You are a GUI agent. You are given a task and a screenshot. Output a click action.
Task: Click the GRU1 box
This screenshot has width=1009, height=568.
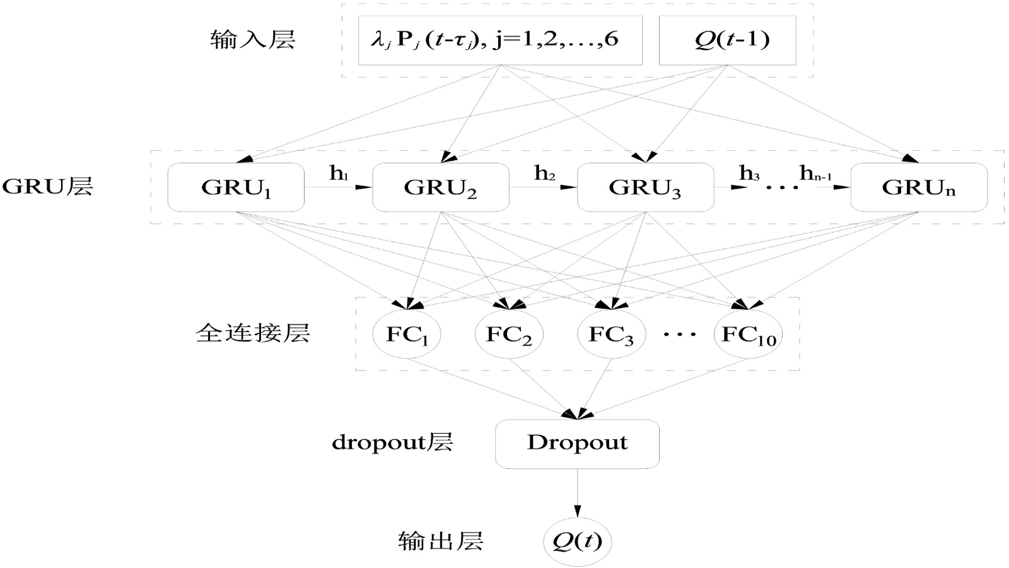click(236, 187)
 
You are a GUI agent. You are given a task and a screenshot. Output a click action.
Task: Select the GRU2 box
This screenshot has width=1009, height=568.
click(440, 187)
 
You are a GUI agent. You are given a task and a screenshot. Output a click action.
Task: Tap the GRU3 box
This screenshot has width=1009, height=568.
click(645, 187)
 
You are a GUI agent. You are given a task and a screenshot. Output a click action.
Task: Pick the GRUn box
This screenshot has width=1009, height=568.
click(919, 187)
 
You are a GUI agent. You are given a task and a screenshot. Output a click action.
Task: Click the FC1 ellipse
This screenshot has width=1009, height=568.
click(407, 334)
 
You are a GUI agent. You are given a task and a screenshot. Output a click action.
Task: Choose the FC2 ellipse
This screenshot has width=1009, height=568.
click(509, 334)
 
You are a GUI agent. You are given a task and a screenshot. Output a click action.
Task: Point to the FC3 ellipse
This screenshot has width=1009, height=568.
click(611, 334)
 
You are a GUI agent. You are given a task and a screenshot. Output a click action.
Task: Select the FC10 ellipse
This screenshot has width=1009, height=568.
click(749, 334)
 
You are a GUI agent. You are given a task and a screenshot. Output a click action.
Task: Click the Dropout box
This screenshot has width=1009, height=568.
click(577, 444)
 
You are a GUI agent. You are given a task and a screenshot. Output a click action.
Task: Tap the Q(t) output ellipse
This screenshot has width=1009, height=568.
click(577, 541)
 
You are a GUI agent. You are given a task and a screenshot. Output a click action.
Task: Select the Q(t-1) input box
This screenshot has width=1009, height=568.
click(727, 40)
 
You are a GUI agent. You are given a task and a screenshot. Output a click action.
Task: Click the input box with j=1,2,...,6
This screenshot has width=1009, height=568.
click(500, 40)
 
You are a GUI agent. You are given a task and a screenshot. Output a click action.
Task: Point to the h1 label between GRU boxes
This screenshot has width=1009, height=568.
click(339, 174)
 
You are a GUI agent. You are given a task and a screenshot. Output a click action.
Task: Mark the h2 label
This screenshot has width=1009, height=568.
click(544, 173)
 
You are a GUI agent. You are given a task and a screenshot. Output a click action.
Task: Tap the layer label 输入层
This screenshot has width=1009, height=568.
click(252, 40)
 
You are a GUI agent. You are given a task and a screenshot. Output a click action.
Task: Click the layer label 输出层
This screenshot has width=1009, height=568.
click(440, 541)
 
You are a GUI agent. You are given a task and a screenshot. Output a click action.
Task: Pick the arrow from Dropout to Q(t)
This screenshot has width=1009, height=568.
click(577, 492)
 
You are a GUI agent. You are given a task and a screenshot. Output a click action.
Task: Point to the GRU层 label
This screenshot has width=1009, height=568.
click(47, 187)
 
